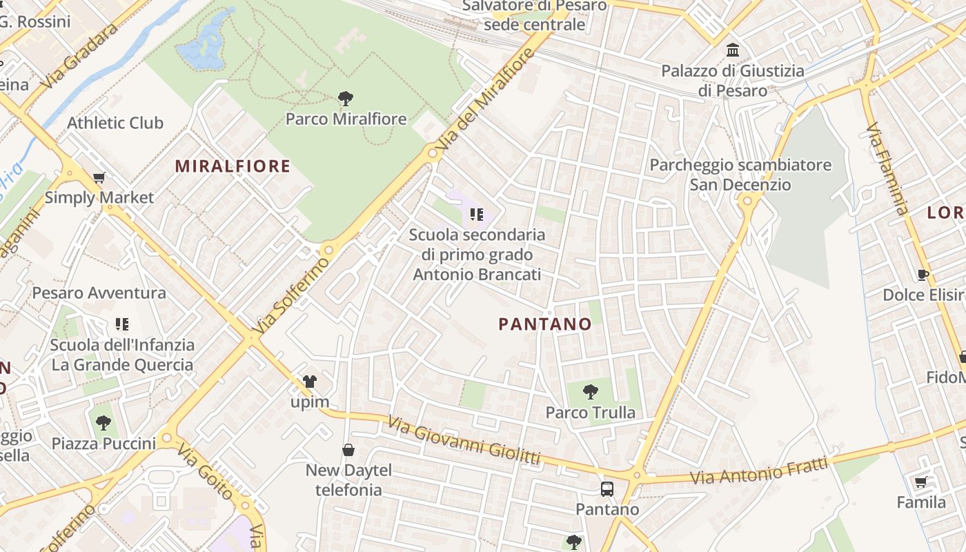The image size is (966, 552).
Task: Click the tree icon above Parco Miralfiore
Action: point(346,99)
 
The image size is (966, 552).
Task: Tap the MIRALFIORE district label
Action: point(233,166)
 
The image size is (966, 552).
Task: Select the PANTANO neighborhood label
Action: point(545,324)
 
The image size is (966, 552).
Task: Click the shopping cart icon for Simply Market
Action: point(99,178)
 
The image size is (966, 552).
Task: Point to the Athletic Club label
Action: point(115,123)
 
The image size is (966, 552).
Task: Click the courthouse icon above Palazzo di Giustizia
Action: point(733,50)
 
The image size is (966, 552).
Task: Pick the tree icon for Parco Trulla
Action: point(590,392)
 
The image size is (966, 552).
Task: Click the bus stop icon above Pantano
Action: point(607,489)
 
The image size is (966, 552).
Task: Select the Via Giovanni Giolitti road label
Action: point(464,440)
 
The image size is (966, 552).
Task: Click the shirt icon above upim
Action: point(310,382)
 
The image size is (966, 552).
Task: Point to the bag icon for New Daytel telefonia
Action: point(348,450)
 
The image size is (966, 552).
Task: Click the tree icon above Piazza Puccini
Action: point(103,422)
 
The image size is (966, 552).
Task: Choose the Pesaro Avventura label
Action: point(99,293)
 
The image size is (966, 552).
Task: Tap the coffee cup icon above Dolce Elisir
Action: point(923,275)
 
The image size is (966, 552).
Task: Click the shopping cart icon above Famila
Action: point(921,482)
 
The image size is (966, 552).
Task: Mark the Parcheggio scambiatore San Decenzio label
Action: point(740,175)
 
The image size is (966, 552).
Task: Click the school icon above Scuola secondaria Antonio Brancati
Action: point(476,215)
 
